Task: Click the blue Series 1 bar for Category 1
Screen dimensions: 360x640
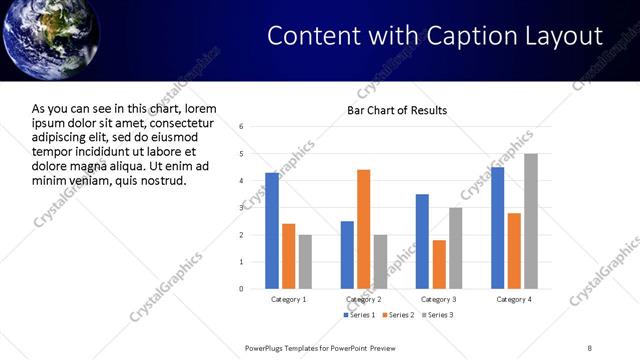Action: (x=272, y=230)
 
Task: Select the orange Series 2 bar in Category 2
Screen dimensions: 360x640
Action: (x=363, y=229)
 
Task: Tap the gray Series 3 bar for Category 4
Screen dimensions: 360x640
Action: (x=531, y=221)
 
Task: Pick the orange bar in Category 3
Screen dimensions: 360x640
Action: (x=439, y=264)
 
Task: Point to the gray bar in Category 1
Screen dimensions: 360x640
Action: (x=305, y=261)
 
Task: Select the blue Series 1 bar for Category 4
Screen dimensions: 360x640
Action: (x=497, y=228)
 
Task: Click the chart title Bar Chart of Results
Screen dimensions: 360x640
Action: (x=397, y=110)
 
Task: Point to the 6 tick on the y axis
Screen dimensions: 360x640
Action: (x=242, y=127)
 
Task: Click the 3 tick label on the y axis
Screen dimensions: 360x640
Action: (x=242, y=208)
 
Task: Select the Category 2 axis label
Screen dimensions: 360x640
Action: (x=364, y=299)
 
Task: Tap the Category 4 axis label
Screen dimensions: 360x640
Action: (x=514, y=299)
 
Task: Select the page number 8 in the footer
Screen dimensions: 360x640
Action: (x=590, y=347)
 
